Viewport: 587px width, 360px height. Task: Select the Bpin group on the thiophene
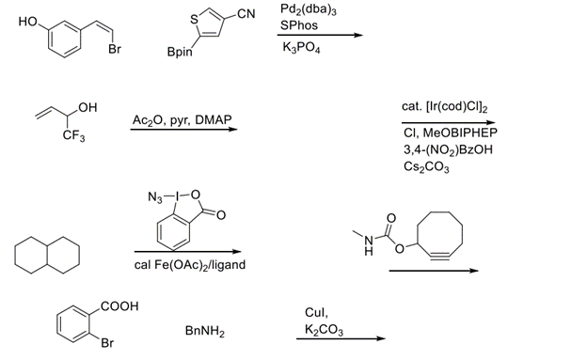[180, 54]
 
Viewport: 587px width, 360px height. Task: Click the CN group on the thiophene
[246, 13]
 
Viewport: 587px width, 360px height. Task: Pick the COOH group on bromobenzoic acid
[120, 306]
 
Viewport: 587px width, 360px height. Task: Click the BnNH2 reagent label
[205, 332]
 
